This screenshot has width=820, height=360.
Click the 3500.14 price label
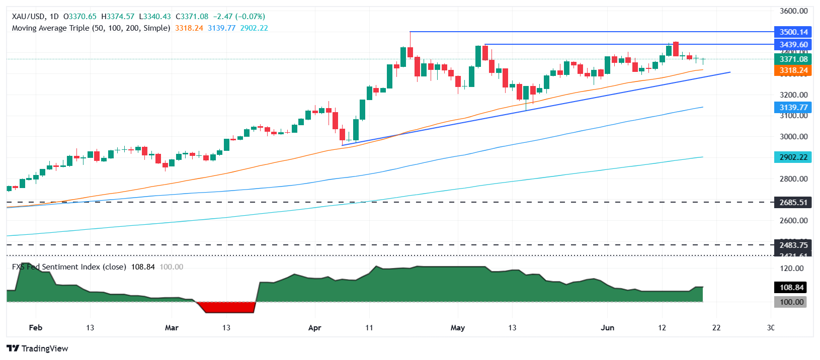[793, 32]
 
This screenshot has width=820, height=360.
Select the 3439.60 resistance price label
[793, 45]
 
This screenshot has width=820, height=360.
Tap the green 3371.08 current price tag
[793, 59]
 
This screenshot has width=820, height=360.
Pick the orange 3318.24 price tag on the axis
[793, 71]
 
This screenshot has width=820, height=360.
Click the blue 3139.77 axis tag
[793, 108]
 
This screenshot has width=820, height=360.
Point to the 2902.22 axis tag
[793, 157]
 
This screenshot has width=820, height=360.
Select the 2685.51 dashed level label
[793, 203]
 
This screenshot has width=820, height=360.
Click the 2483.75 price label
[793, 245]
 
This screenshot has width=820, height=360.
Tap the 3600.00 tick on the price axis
[793, 11]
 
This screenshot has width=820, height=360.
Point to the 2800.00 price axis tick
[793, 178]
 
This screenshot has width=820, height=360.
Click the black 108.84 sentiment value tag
[791, 288]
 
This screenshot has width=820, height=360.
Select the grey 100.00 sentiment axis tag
[791, 302]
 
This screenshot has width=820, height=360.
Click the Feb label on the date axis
[35, 328]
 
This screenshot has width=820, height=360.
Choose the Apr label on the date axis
[314, 328]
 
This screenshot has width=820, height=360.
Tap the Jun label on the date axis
[607, 328]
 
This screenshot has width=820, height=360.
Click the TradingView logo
[37, 348]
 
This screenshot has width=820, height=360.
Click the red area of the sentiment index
[226, 307]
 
